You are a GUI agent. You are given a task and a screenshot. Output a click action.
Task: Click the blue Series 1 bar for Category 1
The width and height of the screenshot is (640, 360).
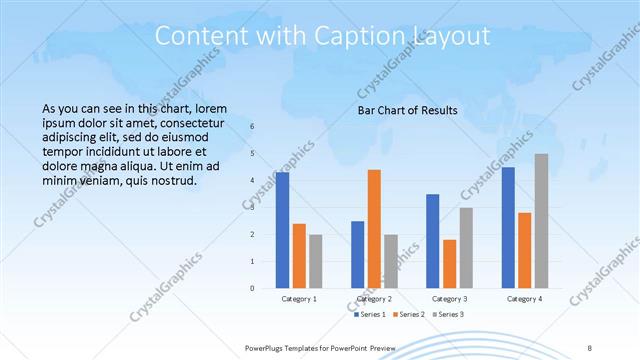[283, 230]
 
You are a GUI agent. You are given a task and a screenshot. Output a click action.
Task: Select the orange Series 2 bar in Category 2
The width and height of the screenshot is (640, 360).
[374, 229]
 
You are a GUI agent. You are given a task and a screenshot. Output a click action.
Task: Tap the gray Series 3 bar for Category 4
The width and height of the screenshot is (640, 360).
[541, 221]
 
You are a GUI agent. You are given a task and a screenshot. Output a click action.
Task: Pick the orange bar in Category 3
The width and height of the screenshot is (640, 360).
[449, 264]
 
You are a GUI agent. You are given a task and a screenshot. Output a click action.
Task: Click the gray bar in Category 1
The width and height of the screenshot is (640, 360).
[316, 261]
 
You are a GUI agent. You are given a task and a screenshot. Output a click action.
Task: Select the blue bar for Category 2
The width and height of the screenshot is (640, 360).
[357, 254]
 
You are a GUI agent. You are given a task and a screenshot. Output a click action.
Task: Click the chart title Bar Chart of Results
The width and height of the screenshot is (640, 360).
[407, 109]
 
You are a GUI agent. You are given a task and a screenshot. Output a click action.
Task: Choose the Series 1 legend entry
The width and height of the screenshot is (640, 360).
[370, 315]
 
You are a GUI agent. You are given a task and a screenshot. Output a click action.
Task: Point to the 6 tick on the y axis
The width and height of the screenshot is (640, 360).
[252, 127]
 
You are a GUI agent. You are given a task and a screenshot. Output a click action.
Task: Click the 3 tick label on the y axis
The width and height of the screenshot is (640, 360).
[252, 207]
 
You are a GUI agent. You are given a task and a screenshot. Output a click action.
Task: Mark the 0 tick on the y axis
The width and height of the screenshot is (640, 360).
[252, 288]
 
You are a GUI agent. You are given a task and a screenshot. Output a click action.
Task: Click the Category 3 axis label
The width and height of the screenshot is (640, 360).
[450, 299]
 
